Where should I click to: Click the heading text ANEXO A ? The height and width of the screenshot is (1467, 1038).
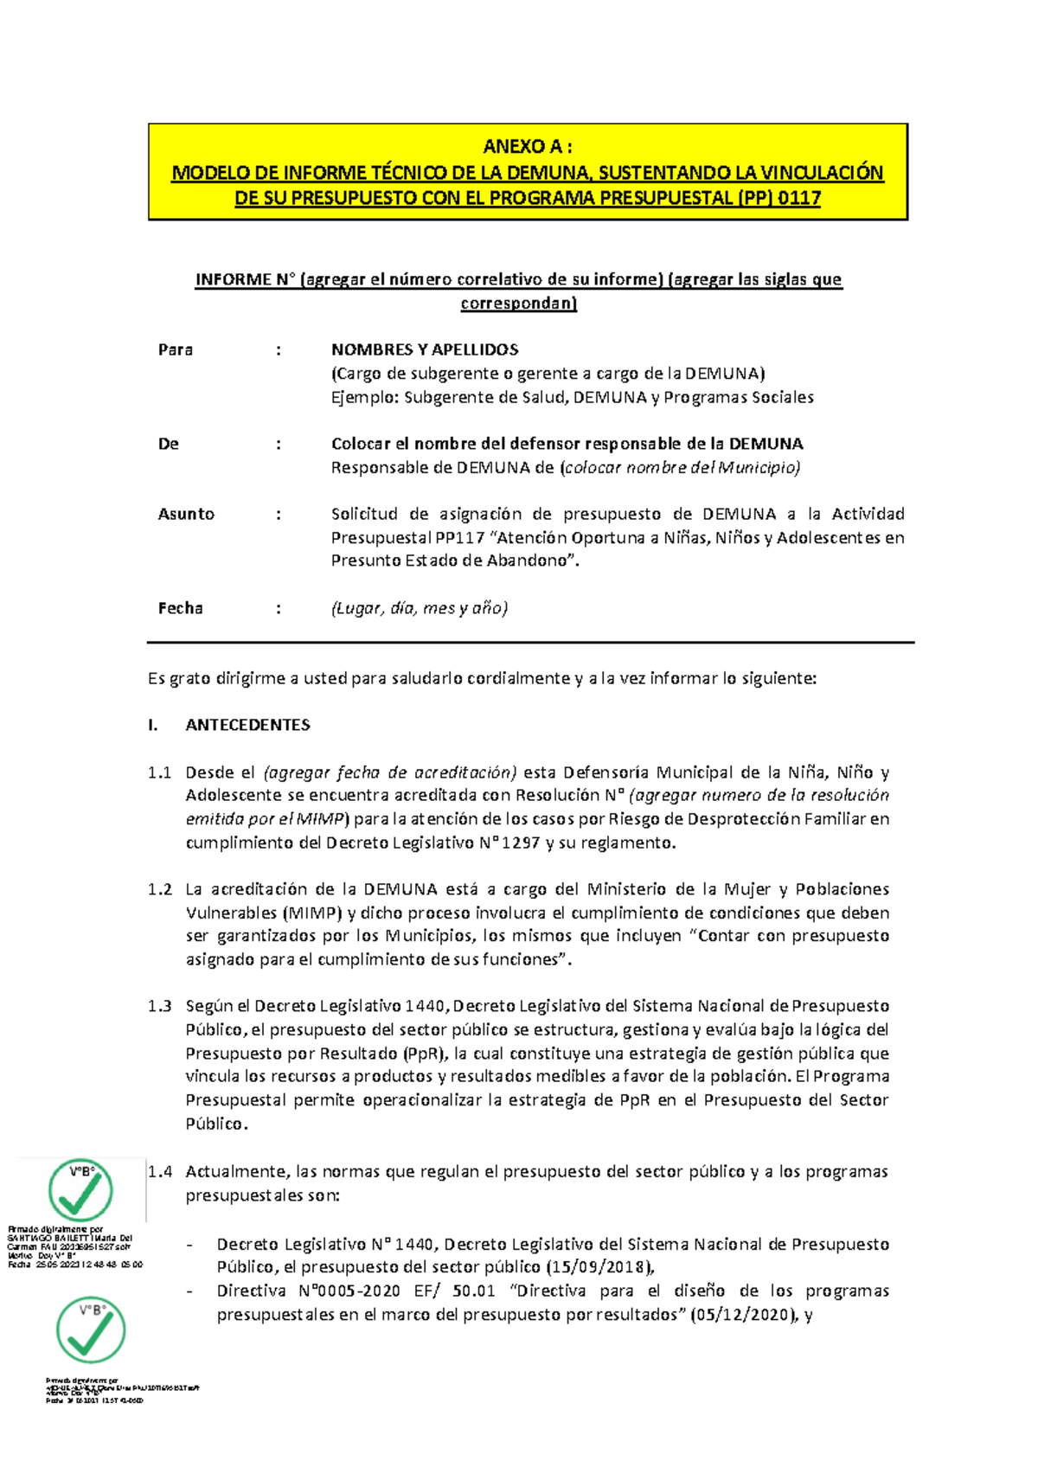(527, 146)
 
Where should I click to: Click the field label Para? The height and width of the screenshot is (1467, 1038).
(175, 350)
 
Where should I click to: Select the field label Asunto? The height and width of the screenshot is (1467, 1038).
(186, 514)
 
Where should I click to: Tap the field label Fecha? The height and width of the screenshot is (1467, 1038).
(180, 608)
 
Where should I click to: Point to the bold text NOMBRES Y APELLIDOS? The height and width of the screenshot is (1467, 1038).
(425, 350)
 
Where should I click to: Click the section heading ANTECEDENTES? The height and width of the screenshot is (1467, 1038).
(247, 725)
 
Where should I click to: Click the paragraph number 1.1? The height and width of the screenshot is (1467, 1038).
(159, 772)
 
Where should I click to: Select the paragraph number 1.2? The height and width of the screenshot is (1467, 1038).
(159, 889)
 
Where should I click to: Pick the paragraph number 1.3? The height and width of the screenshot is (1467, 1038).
(159, 1006)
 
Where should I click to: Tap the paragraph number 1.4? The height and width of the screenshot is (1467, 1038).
(160, 1172)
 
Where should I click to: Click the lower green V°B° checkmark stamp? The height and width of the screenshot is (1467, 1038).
(91, 1329)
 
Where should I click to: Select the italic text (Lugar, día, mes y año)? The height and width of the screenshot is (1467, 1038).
(420, 608)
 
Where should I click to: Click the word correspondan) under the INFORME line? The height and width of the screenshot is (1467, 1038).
(518, 304)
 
